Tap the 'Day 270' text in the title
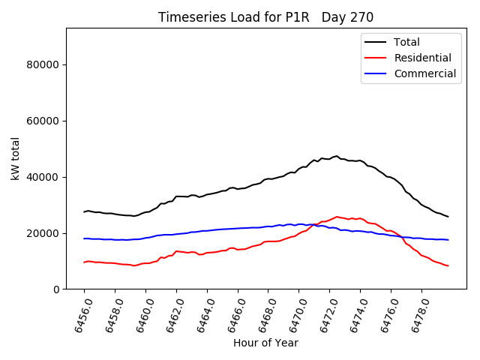(347, 17)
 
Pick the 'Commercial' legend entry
(424, 73)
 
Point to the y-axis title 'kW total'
(15, 158)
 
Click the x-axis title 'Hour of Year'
(265, 343)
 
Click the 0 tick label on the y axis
(57, 289)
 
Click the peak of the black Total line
(337, 156)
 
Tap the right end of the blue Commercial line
(448, 240)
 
